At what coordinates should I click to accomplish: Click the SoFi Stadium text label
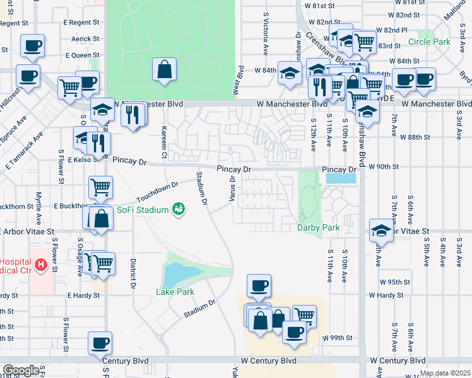tap(142, 209)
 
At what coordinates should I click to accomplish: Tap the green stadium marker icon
tap(179, 209)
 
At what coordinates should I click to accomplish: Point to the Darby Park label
tap(319, 227)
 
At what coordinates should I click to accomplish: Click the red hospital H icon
tap(42, 266)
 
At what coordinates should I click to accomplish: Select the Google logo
tap(21, 370)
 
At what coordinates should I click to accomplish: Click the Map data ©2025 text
tap(445, 373)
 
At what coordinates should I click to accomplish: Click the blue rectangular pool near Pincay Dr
tap(340, 179)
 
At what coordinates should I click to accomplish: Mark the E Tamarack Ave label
tap(25, 151)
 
